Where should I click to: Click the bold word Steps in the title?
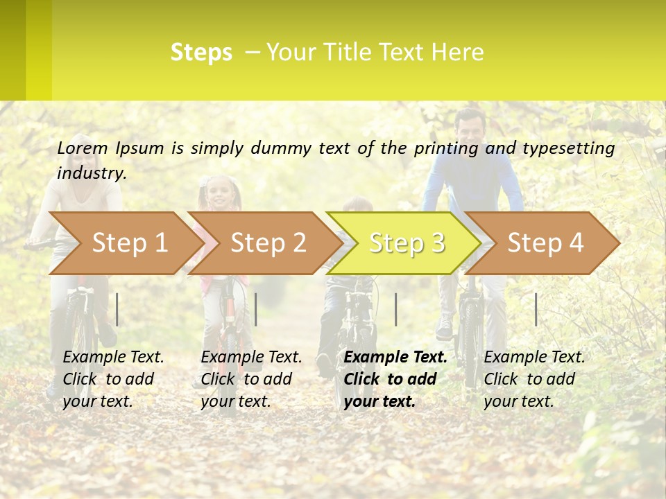tap(201, 53)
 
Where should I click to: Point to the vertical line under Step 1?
tap(117, 309)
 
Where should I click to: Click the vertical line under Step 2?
tap(256, 309)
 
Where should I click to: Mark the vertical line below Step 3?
tap(395, 309)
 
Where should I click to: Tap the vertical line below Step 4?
tap(536, 309)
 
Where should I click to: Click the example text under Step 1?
tap(113, 379)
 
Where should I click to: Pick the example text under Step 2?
tap(251, 379)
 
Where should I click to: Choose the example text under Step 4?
tap(534, 379)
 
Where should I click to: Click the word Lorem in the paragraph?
tap(83, 148)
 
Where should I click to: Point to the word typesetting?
tap(568, 148)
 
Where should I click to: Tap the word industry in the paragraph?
tap(92, 173)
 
